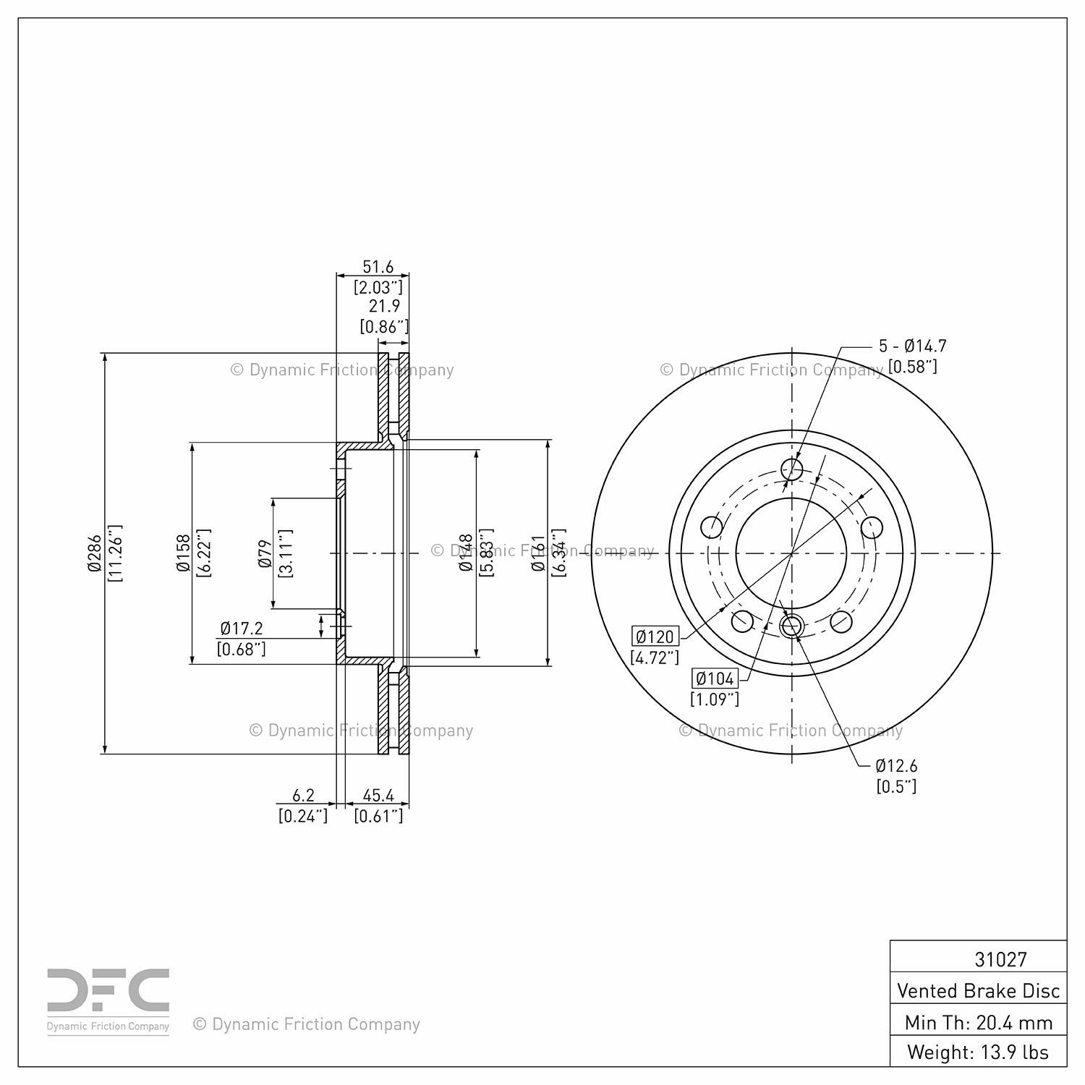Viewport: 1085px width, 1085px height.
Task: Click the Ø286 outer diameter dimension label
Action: click(x=94, y=553)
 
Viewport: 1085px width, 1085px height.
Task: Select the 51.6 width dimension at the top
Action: click(x=378, y=266)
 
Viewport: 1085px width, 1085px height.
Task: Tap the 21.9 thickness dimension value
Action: click(x=384, y=306)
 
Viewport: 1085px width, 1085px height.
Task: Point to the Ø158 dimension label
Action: click(x=183, y=553)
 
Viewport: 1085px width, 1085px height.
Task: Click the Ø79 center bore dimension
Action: click(x=265, y=553)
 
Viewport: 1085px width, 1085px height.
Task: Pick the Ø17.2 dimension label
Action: click(x=242, y=628)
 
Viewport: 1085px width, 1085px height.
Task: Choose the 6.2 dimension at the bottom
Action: click(x=303, y=795)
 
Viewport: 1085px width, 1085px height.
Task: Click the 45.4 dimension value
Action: click(x=378, y=795)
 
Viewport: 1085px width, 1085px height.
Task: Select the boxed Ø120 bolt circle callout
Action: click(x=655, y=637)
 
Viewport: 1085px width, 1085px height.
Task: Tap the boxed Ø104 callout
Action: click(x=715, y=678)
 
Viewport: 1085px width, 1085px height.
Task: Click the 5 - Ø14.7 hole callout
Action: click(x=912, y=346)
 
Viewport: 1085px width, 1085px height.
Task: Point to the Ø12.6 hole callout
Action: click(x=896, y=765)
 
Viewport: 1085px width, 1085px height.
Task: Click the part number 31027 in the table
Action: click(x=1000, y=959)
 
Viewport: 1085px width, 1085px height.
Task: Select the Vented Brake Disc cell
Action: click(x=978, y=990)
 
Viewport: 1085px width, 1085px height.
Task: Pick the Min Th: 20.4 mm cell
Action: click(x=978, y=1022)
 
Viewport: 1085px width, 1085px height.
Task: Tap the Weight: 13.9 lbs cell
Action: click(x=978, y=1052)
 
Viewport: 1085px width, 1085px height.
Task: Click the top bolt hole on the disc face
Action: click(x=793, y=469)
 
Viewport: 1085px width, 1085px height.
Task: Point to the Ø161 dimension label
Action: click(x=537, y=553)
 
